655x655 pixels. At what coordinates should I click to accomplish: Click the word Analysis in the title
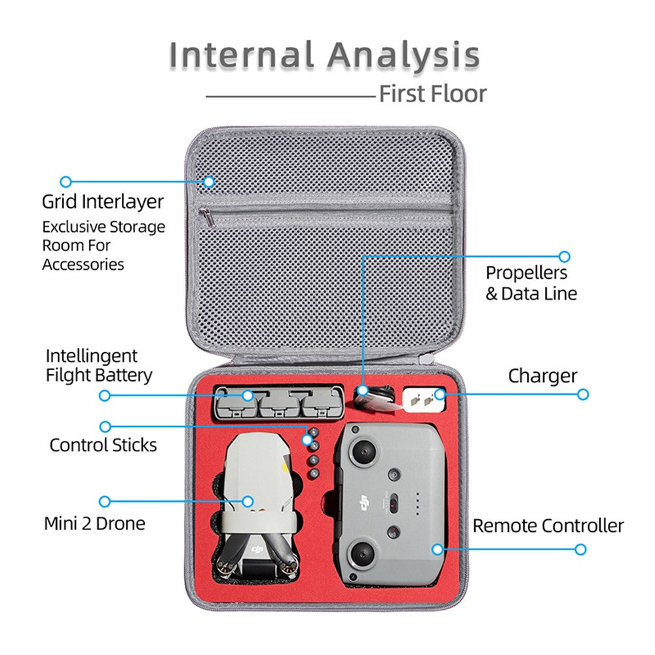click(x=403, y=55)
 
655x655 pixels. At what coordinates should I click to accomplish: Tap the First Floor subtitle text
click(x=433, y=94)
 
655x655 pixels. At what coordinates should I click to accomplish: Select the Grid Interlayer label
click(x=103, y=201)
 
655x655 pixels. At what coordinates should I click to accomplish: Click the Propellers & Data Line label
click(x=531, y=283)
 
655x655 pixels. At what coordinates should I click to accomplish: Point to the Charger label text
click(x=542, y=376)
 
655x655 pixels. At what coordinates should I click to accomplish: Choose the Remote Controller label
click(x=548, y=525)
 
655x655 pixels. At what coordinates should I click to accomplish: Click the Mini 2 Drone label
click(x=94, y=523)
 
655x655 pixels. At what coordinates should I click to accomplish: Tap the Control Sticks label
click(x=103, y=445)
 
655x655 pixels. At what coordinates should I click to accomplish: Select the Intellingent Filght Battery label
click(x=98, y=365)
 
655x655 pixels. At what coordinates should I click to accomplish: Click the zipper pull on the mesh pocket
click(x=205, y=214)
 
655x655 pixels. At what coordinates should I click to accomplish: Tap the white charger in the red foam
click(x=423, y=398)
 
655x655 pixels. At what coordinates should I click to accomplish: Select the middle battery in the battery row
click(x=278, y=403)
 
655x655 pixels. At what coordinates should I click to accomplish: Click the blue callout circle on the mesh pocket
click(x=208, y=181)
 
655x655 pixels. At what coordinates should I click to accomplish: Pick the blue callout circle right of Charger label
click(x=583, y=394)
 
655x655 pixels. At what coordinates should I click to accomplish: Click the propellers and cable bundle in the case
click(x=375, y=399)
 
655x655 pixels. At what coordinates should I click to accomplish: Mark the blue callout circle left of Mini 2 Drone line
click(x=104, y=502)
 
